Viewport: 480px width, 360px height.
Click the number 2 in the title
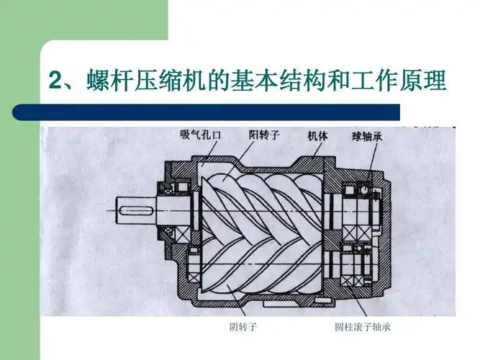pos(55,81)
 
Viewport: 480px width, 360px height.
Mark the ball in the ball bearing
pos(365,190)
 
